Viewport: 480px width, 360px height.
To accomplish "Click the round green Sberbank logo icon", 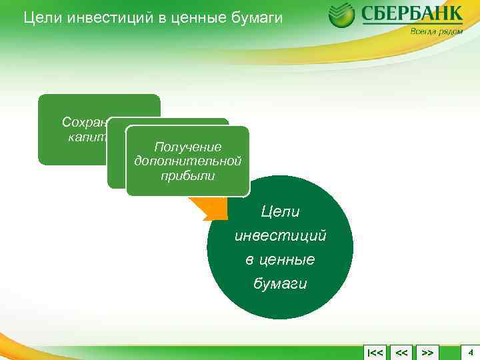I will click(x=341, y=15).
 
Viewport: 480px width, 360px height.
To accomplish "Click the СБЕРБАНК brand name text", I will click(x=411, y=14).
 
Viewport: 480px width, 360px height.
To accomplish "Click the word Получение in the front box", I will click(x=187, y=147).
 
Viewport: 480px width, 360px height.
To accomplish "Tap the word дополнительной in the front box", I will click(x=187, y=161).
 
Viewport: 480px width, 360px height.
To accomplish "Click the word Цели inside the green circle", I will click(x=280, y=212).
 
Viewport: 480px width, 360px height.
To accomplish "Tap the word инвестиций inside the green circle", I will click(x=280, y=236).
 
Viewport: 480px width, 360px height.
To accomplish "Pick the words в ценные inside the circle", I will click(x=280, y=259).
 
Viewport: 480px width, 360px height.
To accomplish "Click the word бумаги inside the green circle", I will click(x=280, y=283).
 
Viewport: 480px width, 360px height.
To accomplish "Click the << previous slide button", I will click(x=401, y=351).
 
